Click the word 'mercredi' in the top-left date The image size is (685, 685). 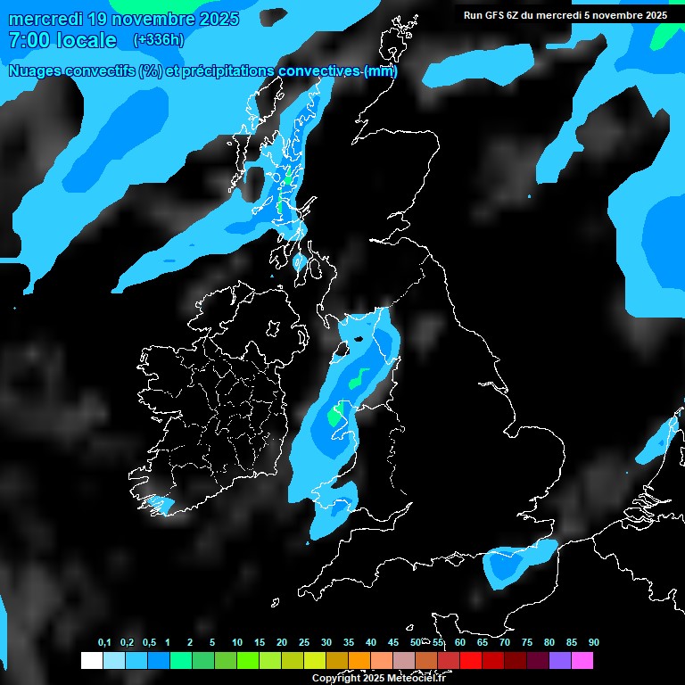(45, 19)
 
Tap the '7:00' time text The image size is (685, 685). (27, 40)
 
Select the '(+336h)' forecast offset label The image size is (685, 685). (158, 39)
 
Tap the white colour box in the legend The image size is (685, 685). (91, 660)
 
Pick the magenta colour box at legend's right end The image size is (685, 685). (582, 660)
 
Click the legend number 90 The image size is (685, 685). (593, 642)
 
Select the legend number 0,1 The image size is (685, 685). (104, 642)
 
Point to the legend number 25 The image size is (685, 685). (304, 642)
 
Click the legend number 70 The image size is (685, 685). (505, 642)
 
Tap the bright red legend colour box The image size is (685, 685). (470, 660)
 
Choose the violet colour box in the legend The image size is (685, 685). (559, 660)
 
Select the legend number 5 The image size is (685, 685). (212, 642)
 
